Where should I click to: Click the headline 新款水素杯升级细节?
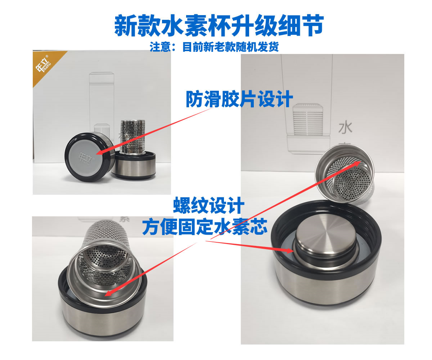click(219, 26)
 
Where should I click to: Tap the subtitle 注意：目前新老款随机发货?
click(214, 47)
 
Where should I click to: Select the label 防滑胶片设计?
click(239, 99)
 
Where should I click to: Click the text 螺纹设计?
click(209, 206)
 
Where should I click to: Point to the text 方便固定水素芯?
click(204, 227)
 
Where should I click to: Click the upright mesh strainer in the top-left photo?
click(132, 136)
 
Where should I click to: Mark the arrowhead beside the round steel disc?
click(290, 251)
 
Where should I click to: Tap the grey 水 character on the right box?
click(345, 128)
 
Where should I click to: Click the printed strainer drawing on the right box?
click(308, 120)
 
